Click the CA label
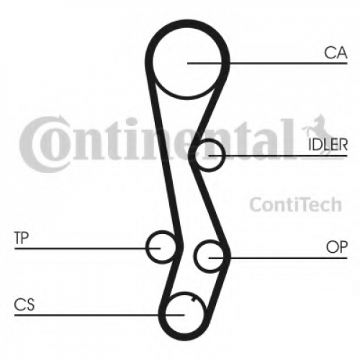(336, 53)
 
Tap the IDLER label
(328, 145)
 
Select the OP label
(337, 247)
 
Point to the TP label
(22, 238)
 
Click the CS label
(24, 305)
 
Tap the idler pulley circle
(224, 156)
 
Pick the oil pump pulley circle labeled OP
(195, 256)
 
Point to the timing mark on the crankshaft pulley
(193, 300)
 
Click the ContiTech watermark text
(295, 204)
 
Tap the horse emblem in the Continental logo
(315, 127)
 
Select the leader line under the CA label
(267, 63)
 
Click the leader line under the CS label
(99, 315)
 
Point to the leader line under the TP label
(87, 248)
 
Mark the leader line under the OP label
(278, 258)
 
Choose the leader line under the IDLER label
(278, 156)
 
